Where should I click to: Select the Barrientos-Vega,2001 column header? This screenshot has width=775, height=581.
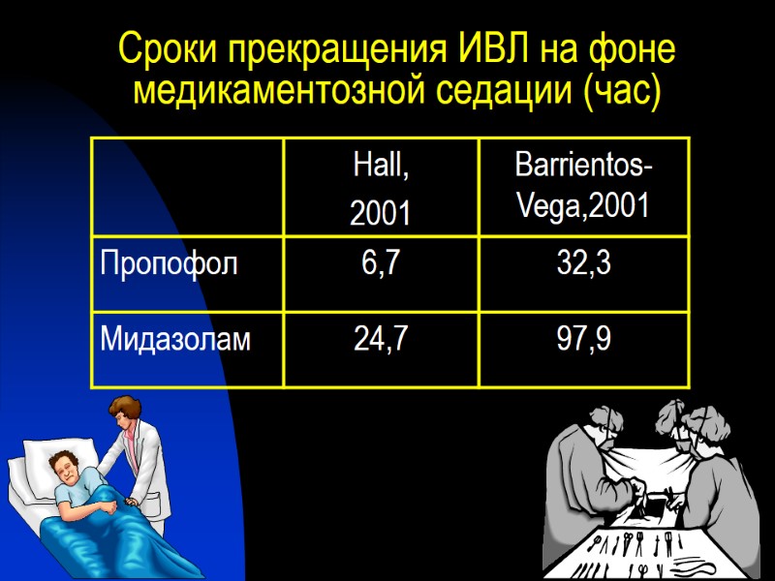pyautogui.click(x=583, y=186)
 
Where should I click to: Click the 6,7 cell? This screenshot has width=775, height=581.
pyautogui.click(x=380, y=262)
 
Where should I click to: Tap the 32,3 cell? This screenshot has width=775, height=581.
pyautogui.click(x=583, y=262)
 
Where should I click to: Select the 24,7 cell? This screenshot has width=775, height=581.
pyautogui.click(x=380, y=338)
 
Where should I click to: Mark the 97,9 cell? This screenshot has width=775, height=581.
pyautogui.click(x=583, y=338)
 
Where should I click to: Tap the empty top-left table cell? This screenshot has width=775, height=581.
pyautogui.click(x=188, y=187)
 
